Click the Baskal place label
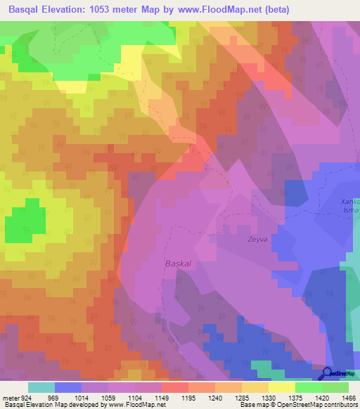[x=177, y=264]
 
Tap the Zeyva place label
[x=238, y=238]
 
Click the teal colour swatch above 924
[x=41, y=387]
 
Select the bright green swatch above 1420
[x=308, y=387]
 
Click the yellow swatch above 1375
[x=281, y=387]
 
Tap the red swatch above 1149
[x=174, y=387]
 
